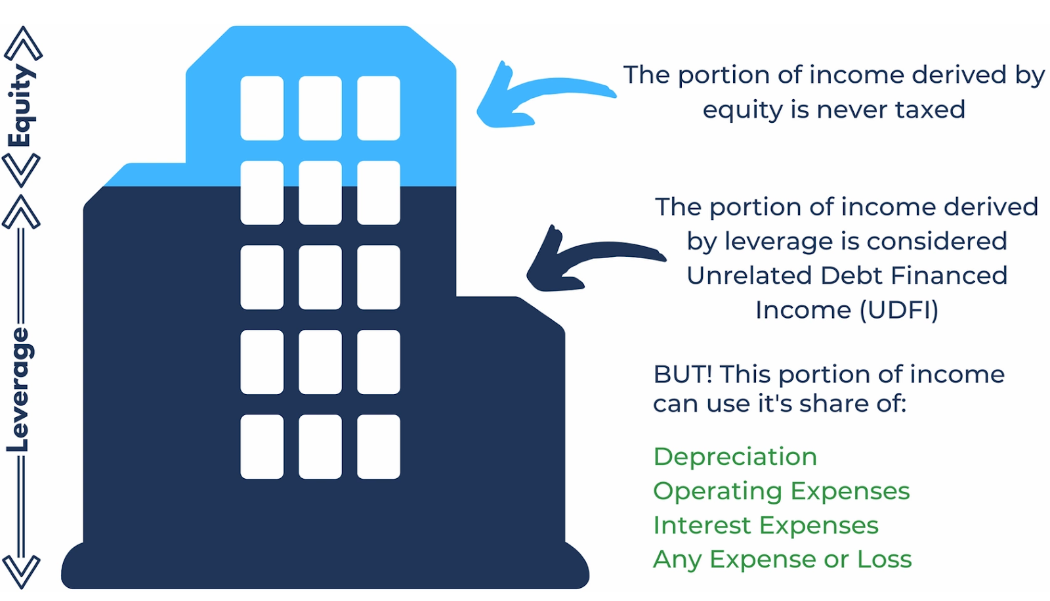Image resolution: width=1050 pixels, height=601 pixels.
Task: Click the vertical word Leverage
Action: click(20, 390)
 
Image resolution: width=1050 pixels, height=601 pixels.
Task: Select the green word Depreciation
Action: click(735, 457)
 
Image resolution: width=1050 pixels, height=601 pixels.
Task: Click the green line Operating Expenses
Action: click(782, 492)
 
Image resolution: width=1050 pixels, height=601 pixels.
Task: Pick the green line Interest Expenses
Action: click(766, 525)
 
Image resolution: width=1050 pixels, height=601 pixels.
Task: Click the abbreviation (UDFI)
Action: click(900, 311)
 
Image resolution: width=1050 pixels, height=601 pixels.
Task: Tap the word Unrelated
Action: click(749, 275)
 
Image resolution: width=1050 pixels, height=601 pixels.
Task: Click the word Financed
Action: click(949, 275)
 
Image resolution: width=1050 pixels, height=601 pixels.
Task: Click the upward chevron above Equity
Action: click(24, 43)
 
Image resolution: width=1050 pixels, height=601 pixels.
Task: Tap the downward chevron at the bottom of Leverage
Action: click(21, 572)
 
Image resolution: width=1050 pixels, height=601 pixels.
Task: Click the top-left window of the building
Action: click(262, 108)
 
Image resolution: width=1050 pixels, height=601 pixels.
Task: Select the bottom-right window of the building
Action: click(378, 447)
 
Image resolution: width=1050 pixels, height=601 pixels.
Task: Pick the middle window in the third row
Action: click(320, 277)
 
